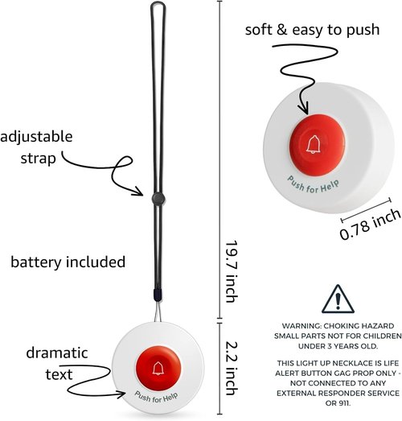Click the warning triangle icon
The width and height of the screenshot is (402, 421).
click(x=338, y=299)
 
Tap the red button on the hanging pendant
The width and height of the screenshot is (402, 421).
click(x=158, y=368)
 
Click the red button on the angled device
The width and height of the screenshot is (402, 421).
click(x=317, y=145)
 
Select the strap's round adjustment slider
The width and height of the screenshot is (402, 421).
click(x=158, y=198)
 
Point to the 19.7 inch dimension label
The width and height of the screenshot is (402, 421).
click(x=232, y=271)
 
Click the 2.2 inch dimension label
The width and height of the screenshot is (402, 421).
click(x=232, y=368)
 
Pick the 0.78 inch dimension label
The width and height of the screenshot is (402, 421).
click(x=370, y=225)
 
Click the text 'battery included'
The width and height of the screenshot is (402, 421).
click(x=68, y=262)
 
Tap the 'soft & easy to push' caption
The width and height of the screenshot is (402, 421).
click(x=312, y=30)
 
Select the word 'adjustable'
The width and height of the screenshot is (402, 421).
click(x=36, y=137)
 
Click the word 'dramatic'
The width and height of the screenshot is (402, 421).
click(x=57, y=353)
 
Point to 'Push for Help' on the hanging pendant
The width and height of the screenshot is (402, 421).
click(x=156, y=397)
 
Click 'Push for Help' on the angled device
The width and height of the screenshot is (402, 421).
click(x=314, y=185)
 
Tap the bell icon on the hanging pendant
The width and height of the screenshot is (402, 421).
click(x=158, y=368)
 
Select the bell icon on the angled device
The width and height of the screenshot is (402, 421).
click(x=314, y=144)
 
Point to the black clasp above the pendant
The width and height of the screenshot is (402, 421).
click(x=158, y=295)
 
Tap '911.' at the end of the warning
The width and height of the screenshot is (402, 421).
click(x=338, y=403)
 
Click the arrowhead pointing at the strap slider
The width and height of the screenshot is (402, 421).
click(x=139, y=191)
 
